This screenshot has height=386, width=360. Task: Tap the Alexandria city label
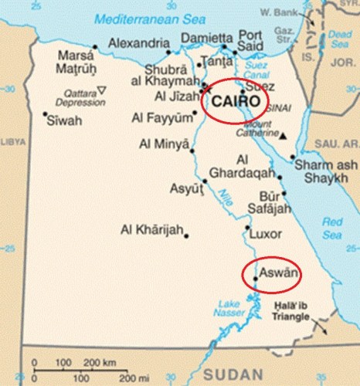(x=138, y=43)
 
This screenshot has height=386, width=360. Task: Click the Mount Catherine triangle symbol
(x=284, y=136)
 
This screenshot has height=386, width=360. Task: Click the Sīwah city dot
(x=44, y=113)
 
